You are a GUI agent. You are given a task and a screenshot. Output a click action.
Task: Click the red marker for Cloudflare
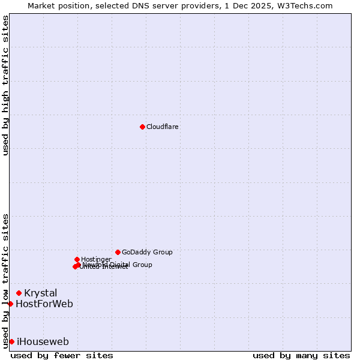(142, 127)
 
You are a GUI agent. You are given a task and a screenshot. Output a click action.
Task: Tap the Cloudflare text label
(163, 127)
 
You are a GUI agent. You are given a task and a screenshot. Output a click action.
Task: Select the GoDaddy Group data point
(118, 252)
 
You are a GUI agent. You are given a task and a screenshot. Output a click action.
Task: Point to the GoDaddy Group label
(147, 253)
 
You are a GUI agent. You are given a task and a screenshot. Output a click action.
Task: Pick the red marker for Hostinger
(77, 259)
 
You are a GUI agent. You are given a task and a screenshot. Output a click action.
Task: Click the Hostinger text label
(96, 259)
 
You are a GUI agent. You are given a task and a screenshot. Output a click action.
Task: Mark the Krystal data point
(19, 293)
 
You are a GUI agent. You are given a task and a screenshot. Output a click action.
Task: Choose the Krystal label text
(41, 293)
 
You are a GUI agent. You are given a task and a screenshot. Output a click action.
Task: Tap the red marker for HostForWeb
(10, 304)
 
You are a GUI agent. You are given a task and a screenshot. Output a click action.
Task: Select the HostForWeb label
(44, 304)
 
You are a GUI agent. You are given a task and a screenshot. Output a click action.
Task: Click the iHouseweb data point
(11, 341)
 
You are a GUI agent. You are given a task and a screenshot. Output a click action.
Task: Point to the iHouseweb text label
(43, 342)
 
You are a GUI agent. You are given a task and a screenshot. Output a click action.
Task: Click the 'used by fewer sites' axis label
(62, 356)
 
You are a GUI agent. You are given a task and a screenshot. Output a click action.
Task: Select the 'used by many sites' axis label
(301, 356)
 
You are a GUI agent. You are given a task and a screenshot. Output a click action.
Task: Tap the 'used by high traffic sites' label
(6, 85)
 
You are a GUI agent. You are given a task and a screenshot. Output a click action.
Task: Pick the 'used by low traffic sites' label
(6, 280)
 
